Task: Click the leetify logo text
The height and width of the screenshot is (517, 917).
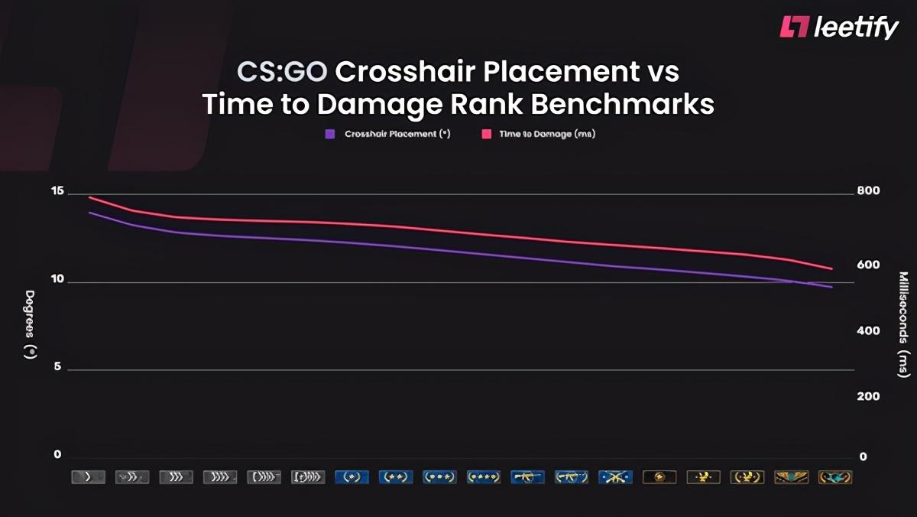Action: [x=857, y=28]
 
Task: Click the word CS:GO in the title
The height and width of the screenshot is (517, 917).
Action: [x=282, y=73]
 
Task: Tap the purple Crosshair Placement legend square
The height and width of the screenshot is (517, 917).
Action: [x=330, y=134]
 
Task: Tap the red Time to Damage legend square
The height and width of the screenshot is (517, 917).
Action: [x=485, y=134]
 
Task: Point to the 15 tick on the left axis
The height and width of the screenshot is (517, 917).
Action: [x=57, y=192]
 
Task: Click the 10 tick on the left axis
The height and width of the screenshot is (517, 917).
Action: [x=57, y=280]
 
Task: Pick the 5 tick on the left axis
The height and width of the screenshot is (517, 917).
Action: [x=57, y=368]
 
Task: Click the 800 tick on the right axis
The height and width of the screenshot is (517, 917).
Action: [x=870, y=190]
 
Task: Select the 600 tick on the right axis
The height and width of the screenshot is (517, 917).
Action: [x=870, y=265]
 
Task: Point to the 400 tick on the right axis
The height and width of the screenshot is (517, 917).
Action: [x=870, y=330]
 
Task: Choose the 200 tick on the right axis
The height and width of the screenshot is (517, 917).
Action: [x=870, y=396]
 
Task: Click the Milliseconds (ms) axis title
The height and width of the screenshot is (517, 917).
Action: [x=903, y=324]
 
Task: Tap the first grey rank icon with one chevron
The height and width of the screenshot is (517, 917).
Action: [x=88, y=477]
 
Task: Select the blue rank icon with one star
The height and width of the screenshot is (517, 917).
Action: [x=352, y=477]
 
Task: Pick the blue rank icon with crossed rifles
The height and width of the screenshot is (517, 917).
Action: [x=615, y=477]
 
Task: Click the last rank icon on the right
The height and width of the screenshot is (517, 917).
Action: [x=834, y=477]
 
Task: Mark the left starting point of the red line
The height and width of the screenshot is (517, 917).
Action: [x=89, y=197]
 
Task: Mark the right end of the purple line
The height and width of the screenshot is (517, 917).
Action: [x=831, y=288]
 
